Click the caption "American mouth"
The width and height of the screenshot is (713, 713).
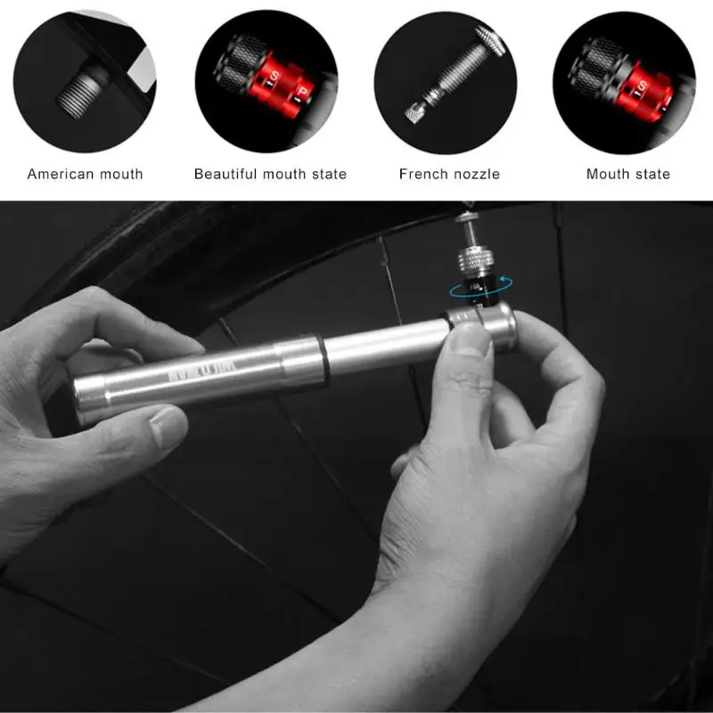pos(85,174)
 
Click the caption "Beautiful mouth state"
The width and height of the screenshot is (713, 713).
pos(270,174)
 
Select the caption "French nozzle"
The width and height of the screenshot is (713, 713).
pos(449,174)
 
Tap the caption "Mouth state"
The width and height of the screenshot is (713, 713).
pos(627,174)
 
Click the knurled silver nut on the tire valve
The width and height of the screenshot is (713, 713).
pos(471,258)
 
